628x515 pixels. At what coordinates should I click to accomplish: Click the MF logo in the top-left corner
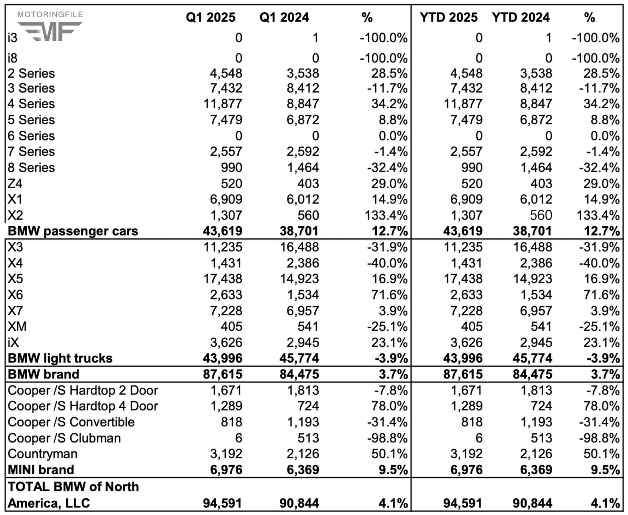pos(50,31)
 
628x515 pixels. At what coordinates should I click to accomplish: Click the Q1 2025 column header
pos(210,17)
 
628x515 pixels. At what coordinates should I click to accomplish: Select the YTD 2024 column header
pos(520,17)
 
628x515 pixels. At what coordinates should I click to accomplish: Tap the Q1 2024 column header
pos(284,17)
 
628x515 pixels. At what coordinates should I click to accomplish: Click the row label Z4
pos(15,184)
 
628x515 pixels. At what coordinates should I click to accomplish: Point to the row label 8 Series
pos(31,168)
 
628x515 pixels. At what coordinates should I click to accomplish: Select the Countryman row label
pos(42,454)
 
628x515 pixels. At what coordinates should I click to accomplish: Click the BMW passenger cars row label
pos(73,231)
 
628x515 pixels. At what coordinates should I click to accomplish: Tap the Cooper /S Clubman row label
pos(64,438)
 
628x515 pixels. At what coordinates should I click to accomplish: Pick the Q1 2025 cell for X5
pos(223,279)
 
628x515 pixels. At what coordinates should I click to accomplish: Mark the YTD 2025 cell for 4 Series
pos(463,104)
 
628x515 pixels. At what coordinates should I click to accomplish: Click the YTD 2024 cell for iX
pos(536,343)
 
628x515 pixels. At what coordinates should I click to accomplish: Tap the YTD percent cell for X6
pos(605,295)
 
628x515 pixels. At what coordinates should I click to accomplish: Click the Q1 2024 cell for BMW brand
pos(299,374)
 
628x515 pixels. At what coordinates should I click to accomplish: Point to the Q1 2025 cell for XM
pos(231,327)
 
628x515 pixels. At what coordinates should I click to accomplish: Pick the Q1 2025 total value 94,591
pos(223,503)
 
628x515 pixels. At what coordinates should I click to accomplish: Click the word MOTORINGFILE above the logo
pos(50,15)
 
